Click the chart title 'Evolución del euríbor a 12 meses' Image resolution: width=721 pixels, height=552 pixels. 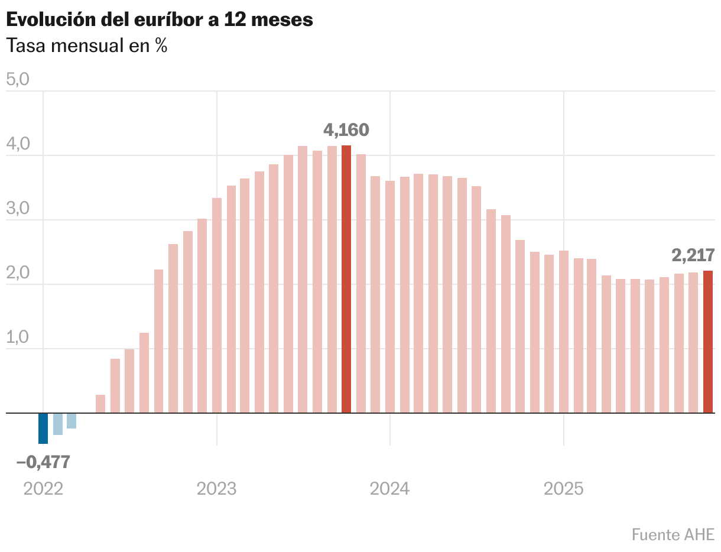tap(159, 20)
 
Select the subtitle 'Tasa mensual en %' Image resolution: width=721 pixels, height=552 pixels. tap(86, 46)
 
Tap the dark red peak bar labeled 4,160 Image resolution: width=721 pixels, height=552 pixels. tap(346, 279)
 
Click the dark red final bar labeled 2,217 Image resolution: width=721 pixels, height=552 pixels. tap(707, 342)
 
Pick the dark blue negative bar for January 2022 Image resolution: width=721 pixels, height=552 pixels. tap(43, 428)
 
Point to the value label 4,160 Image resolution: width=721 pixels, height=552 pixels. tap(346, 129)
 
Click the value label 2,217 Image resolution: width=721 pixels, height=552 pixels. tap(693, 255)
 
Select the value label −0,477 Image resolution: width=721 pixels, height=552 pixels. tap(43, 462)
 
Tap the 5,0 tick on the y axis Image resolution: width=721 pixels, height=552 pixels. tap(17, 80)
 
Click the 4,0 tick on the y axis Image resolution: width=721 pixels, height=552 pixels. tap(17, 144)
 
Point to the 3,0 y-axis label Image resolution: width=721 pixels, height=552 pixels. tap(17, 209)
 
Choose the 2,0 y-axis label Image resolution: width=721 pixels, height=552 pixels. tap(17, 273)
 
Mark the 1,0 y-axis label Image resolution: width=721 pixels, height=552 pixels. tap(17, 337)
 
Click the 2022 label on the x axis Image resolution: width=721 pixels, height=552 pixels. tap(43, 489)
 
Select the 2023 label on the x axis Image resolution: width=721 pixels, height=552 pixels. tap(216, 489)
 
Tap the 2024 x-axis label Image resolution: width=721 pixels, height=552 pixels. tap(389, 489)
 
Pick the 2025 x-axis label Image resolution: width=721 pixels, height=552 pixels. tap(563, 489)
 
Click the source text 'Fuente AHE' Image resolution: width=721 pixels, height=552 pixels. tap(673, 534)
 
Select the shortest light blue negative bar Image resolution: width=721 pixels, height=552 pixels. tap(72, 420)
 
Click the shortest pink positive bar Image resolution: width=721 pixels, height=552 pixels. tap(100, 404)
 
